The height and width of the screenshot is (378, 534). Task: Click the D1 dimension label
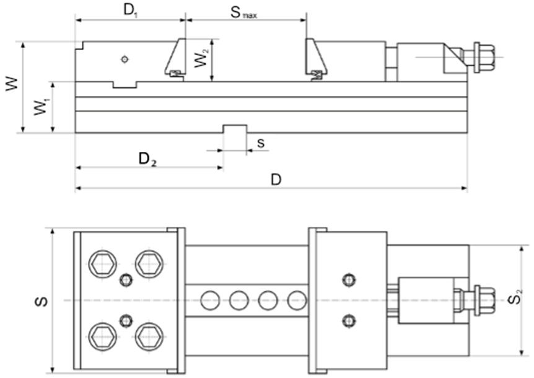[x=131, y=11]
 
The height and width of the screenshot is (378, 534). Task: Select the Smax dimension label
[x=244, y=12]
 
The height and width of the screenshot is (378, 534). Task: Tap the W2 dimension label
[x=201, y=58]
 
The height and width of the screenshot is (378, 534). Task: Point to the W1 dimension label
[x=42, y=106]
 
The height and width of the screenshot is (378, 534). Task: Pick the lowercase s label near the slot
[x=261, y=143]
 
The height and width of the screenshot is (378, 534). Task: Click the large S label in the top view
[x=42, y=301]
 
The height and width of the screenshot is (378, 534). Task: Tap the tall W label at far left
[x=12, y=84]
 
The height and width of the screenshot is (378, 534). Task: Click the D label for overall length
[x=276, y=180]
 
